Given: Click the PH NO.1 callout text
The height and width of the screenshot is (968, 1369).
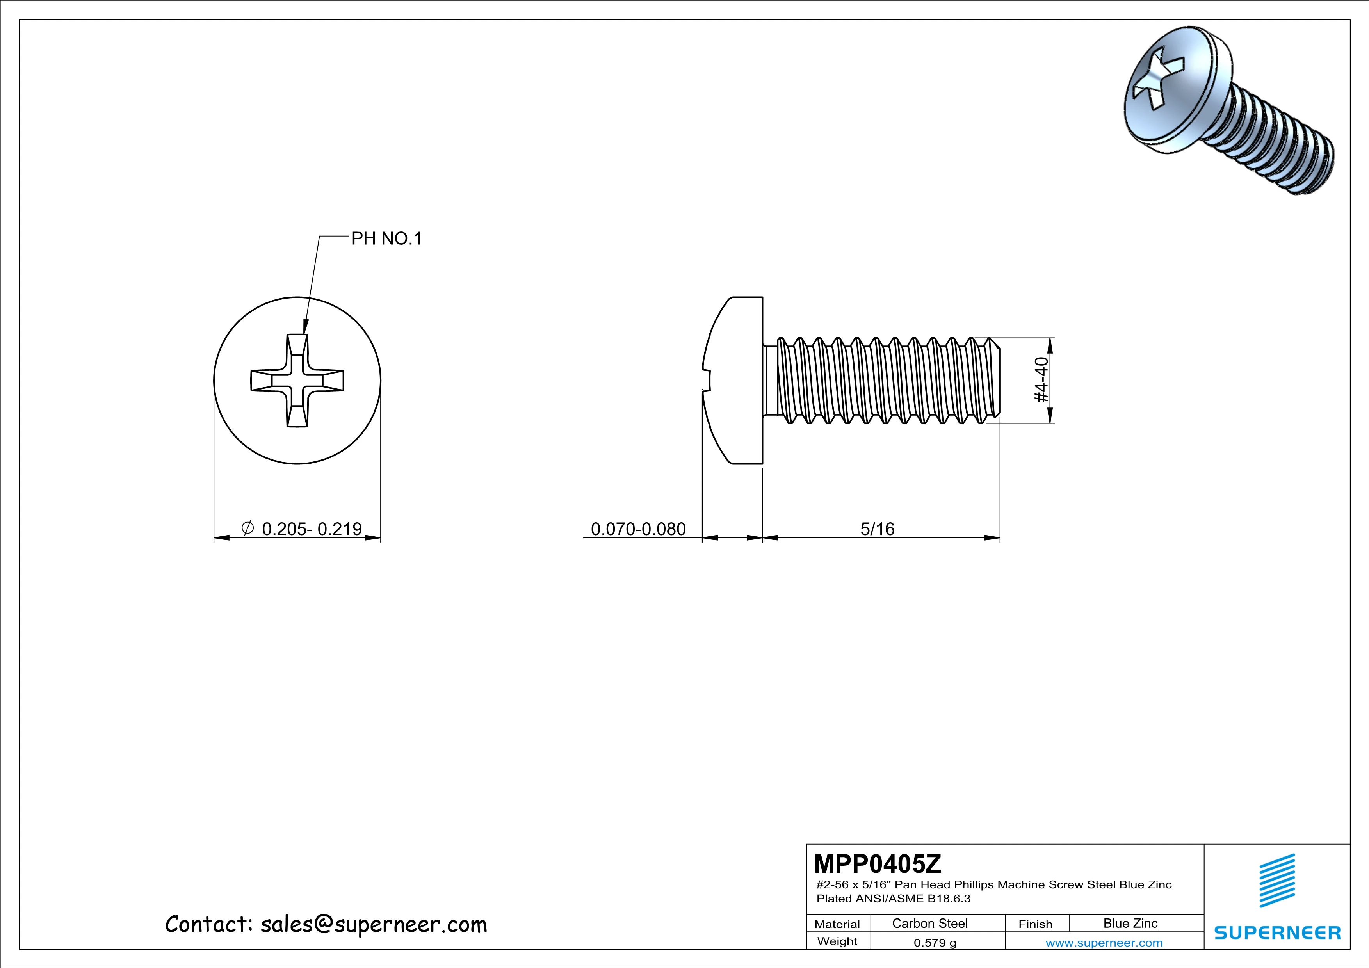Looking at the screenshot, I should coord(386,239).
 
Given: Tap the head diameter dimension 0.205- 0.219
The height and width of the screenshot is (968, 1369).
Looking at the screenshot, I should coord(311,529).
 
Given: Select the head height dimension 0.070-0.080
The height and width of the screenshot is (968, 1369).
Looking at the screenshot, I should coord(638,529).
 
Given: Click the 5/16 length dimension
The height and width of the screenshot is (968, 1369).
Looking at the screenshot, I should coord(877,529).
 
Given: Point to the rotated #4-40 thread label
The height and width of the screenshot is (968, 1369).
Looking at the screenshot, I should coord(1040,380).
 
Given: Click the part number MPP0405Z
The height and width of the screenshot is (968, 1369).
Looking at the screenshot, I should coord(878,863).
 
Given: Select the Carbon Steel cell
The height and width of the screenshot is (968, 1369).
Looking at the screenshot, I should coord(929,923).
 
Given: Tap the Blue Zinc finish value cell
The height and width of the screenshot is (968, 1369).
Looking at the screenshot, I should coord(1130,923).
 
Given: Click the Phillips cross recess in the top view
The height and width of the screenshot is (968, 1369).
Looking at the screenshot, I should coord(297,380).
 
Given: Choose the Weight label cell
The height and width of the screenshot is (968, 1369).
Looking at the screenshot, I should coord(837,941).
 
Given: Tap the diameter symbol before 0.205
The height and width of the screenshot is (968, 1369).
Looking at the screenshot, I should coord(247,527).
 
